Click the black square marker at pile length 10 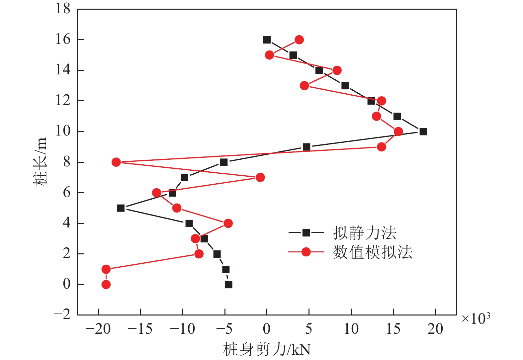pos(423,132)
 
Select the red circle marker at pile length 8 pos(116,162)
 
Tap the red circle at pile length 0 pos(106,284)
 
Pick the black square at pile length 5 pos(121,208)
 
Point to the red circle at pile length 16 pos(299,40)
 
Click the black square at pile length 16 pos(267,40)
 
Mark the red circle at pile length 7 pos(260,177)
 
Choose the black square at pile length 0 pos(228,284)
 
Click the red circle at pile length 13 pos(305,86)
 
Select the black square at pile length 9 pos(306,147)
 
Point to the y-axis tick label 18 pos(63,9)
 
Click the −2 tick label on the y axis pos(62,314)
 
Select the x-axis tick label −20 pos(98,329)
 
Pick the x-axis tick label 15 pos(393,329)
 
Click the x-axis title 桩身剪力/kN pos(267,349)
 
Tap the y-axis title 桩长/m pos(40,162)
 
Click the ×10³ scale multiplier pos(476,319)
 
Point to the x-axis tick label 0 pos(267,329)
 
